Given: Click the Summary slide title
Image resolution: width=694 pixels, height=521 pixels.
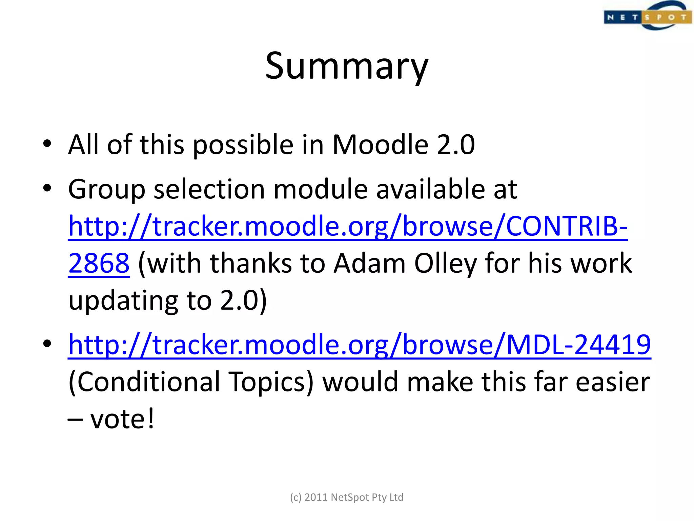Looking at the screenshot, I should pos(347,66).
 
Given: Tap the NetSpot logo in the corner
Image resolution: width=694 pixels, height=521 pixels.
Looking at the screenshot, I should pos(648,16).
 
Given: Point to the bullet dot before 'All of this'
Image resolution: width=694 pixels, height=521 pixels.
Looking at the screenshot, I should pos(47,143).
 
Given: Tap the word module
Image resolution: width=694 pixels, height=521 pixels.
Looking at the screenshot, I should pos(320,189).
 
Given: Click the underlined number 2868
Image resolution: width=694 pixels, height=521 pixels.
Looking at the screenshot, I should pos(99,263).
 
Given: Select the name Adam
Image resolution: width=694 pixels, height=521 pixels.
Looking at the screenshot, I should pos(369,263).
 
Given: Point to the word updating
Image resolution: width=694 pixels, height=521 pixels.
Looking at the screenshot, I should pos(123,301).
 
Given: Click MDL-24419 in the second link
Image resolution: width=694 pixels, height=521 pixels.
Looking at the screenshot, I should pos(578,345).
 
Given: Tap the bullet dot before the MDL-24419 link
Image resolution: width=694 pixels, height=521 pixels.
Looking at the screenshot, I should pos(47,344).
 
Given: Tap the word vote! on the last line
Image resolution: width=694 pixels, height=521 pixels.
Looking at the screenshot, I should pos(122,419).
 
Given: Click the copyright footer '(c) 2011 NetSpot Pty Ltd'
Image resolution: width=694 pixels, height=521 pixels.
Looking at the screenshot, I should pos(347,497).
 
